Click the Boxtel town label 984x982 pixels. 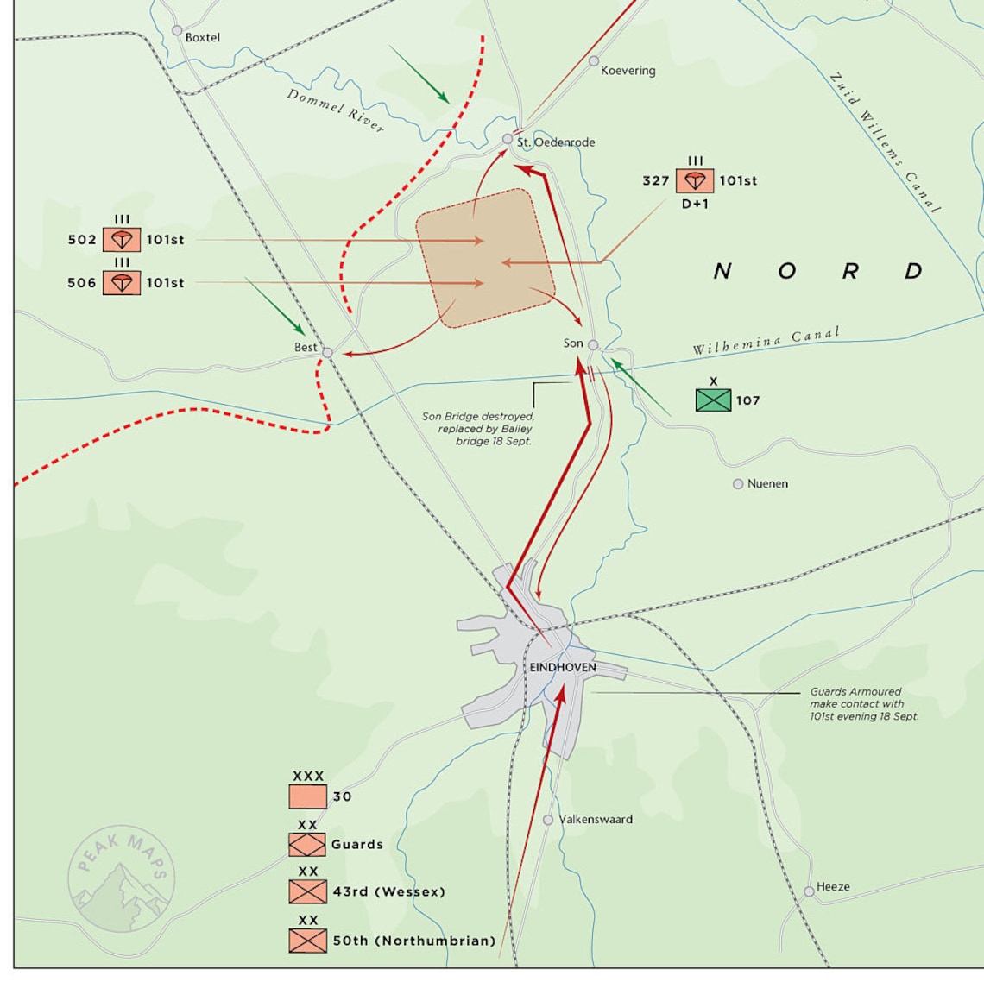coord(202,38)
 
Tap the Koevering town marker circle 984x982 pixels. coord(594,61)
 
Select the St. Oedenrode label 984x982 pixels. coord(556,142)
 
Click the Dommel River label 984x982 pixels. coord(336,110)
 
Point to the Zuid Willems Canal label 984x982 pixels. coord(884,142)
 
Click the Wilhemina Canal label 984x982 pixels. coord(765,341)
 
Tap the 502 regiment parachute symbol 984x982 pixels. coord(122,239)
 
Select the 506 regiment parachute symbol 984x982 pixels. coord(122,282)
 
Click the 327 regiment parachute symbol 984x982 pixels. coord(695,181)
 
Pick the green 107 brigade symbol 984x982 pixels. coord(713,400)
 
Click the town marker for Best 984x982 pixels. coord(327,352)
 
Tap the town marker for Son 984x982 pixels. coord(593,344)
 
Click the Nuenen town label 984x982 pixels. coord(767,484)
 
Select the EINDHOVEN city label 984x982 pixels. coord(563,667)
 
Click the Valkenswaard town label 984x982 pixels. coord(596,820)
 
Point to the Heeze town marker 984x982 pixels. coord(809,891)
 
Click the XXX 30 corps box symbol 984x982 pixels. coord(308,796)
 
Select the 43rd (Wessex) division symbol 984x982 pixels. coord(308,891)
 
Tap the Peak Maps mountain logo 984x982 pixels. coord(121,880)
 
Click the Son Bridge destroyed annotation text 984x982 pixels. coord(478,429)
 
